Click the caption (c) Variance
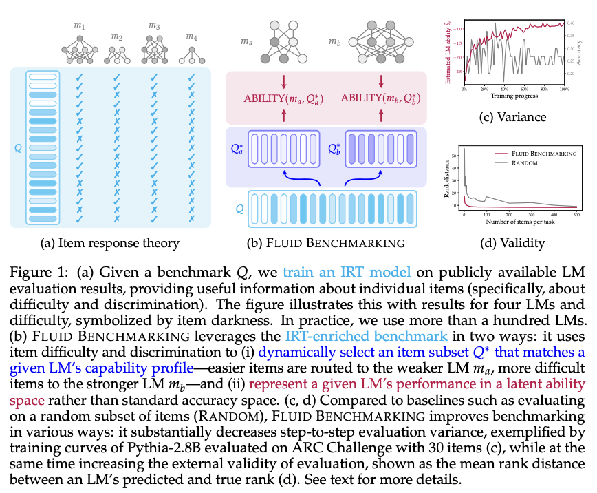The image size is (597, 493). pos(512,117)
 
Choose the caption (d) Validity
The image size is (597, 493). pos(512,242)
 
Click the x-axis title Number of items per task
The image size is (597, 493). pos(521,222)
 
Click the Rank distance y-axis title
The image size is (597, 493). pos(448,179)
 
